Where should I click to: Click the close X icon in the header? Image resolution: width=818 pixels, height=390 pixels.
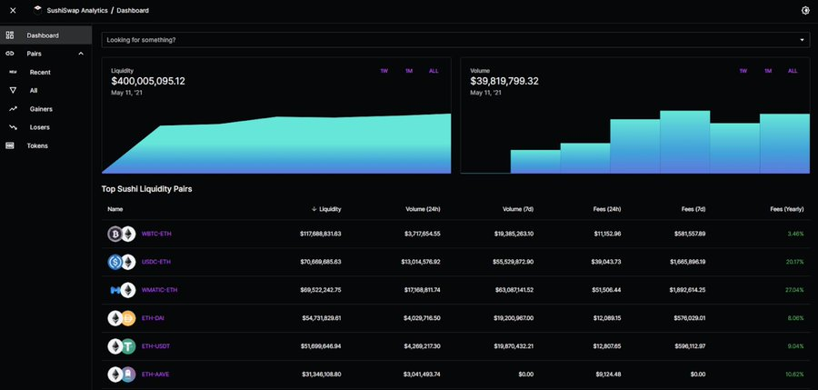pyautogui.click(x=13, y=10)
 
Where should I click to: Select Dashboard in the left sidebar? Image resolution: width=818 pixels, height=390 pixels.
pyautogui.click(x=43, y=35)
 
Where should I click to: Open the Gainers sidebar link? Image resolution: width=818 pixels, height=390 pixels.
pyautogui.click(x=41, y=109)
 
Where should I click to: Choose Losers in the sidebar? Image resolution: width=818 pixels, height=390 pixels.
pyautogui.click(x=40, y=127)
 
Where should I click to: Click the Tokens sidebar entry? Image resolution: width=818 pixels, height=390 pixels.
pyautogui.click(x=37, y=145)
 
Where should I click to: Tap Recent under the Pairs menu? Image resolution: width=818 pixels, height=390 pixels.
pyautogui.click(x=40, y=72)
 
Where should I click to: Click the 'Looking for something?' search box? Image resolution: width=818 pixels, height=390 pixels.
pyautogui.click(x=445, y=40)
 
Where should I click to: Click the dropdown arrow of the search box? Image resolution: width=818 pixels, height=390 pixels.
pyautogui.click(x=802, y=40)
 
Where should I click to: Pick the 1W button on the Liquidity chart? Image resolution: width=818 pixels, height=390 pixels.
pyautogui.click(x=384, y=71)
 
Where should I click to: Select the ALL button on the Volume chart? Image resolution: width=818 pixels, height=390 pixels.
pyautogui.click(x=793, y=71)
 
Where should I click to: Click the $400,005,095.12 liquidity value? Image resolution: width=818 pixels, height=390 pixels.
pyautogui.click(x=148, y=81)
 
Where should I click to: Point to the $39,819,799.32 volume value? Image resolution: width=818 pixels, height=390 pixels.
pyautogui.click(x=504, y=81)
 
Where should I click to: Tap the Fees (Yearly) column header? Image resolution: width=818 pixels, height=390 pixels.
pyautogui.click(x=787, y=209)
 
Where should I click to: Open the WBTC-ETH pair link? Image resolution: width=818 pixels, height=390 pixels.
pyautogui.click(x=156, y=234)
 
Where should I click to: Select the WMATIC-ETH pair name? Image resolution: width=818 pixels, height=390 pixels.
pyautogui.click(x=160, y=290)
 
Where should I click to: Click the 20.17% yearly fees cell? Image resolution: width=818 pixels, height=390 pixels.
pyautogui.click(x=793, y=262)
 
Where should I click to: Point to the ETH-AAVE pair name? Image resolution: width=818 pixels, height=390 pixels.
pyautogui.click(x=156, y=375)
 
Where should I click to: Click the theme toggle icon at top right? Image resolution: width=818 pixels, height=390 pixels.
pyautogui.click(x=804, y=10)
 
